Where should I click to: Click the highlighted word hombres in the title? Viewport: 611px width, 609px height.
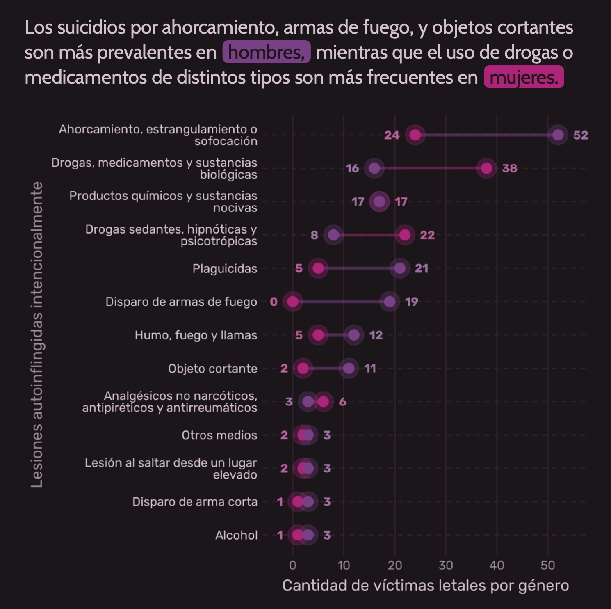tap(266, 52)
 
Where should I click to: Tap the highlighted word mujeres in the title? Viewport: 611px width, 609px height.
tap(524, 77)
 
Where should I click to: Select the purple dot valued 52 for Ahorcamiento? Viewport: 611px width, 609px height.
tap(558, 135)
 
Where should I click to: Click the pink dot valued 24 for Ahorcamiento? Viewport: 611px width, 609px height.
tap(415, 135)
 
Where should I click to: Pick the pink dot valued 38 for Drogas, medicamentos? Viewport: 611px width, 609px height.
tap(486, 168)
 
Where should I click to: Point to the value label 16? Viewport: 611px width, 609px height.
tap(352, 168)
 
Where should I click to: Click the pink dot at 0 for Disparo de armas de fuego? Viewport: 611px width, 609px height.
tap(292, 302)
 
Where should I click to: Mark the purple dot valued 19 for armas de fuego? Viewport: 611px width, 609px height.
tap(390, 302)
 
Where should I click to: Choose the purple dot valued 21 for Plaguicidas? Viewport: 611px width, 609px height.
tap(400, 268)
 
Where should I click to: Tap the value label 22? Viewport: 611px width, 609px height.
tap(427, 235)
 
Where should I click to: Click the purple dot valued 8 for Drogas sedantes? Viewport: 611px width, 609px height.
tap(334, 235)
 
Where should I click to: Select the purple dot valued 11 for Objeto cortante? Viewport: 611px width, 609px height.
tap(349, 368)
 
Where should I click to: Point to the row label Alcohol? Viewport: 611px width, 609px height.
tap(236, 535)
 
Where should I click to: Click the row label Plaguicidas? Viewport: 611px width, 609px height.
tap(225, 269)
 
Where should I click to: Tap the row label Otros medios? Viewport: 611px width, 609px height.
tap(219, 435)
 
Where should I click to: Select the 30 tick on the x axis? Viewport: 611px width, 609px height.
tap(446, 565)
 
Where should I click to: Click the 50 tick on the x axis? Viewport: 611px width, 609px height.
tap(548, 565)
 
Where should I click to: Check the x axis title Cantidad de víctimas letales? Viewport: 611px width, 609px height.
tap(425, 586)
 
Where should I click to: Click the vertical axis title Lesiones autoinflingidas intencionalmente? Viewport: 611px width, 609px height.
tap(37, 334)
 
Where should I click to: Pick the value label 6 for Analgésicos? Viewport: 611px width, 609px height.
tap(342, 402)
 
